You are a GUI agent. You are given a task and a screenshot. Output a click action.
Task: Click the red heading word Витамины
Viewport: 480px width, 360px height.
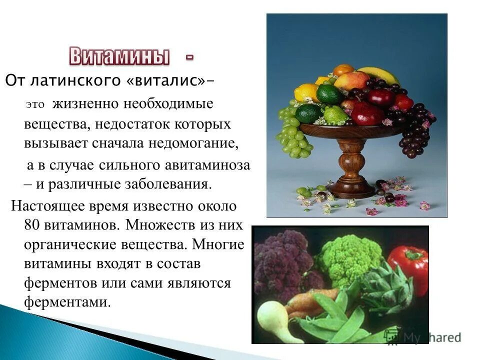click(118, 56)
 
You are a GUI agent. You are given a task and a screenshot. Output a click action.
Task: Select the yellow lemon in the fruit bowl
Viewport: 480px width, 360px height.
click(306, 92)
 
